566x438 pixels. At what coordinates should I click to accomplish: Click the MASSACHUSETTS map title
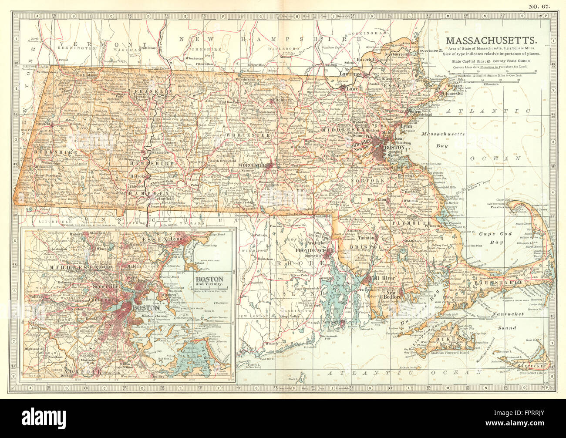[x=491, y=40]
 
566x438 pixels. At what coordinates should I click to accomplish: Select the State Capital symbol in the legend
[x=481, y=61]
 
